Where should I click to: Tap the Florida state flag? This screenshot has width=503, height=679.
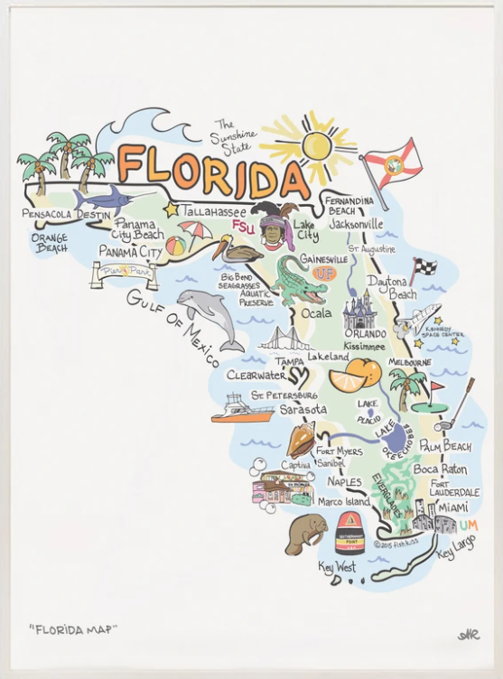point(392,163)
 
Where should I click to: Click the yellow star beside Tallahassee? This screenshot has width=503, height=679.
point(171,209)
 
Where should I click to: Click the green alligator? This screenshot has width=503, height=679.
point(300,279)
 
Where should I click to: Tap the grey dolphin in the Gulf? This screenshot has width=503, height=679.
point(210,317)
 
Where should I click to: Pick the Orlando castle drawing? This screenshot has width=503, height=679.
point(359,310)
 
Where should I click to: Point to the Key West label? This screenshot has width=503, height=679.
point(337,567)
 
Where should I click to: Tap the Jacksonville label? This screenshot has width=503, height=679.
point(356,223)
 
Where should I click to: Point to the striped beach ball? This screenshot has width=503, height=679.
point(176,244)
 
